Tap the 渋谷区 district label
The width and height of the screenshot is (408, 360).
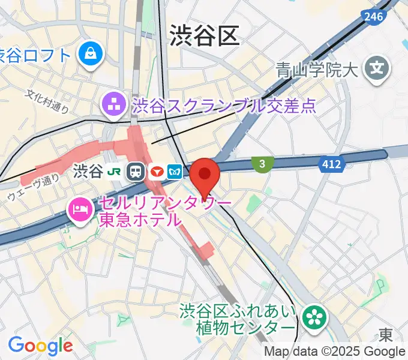pyautogui.click(x=204, y=35)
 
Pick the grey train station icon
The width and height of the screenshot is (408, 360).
pyautogui.click(x=136, y=172)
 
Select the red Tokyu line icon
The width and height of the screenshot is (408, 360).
pyautogui.click(x=157, y=172)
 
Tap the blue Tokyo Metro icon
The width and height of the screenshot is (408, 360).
pyautogui.click(x=175, y=172)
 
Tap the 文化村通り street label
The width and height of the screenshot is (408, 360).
pyautogui.click(x=47, y=101)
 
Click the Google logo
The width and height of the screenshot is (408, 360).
pyautogui.click(x=40, y=346)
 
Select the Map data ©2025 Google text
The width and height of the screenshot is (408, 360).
pyautogui.click(x=335, y=352)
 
